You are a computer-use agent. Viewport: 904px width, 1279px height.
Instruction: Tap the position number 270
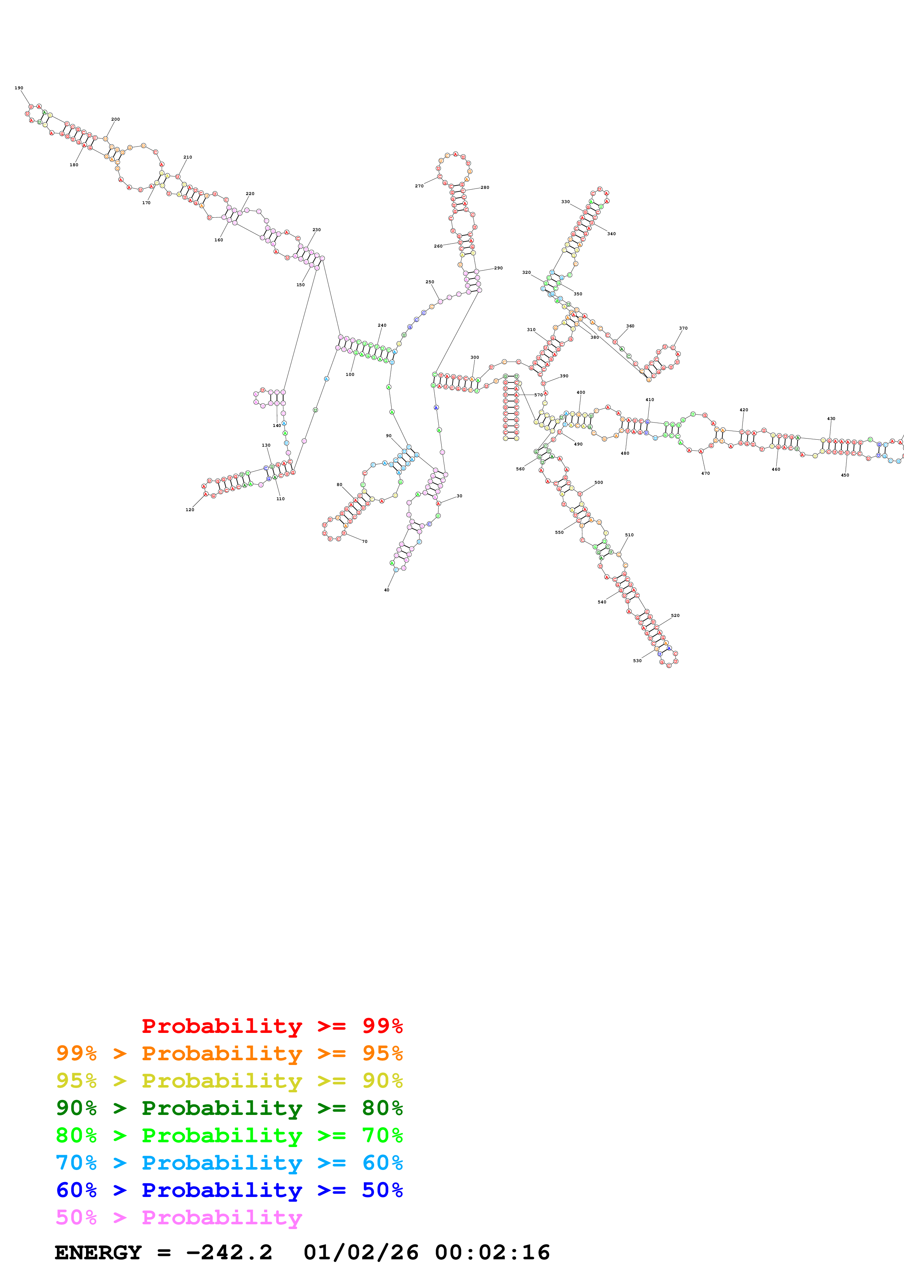419,186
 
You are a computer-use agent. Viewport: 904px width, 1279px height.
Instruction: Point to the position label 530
637,661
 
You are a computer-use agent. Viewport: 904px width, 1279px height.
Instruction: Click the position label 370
683,328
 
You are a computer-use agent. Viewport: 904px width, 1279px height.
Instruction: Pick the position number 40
387,590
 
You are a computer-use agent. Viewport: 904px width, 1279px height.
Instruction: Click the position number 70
365,541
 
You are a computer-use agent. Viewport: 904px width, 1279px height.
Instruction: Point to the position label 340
612,234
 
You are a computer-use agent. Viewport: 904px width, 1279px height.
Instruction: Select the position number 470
706,474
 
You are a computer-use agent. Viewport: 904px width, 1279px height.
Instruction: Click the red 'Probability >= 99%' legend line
272,1026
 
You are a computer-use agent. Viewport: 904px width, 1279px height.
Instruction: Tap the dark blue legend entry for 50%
229,1190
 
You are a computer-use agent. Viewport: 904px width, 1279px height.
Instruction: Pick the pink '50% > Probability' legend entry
179,1218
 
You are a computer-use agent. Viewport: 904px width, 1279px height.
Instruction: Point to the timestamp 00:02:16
492,1253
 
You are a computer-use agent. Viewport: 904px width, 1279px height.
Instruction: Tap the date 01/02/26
361,1253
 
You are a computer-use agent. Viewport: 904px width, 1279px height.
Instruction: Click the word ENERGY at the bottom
98,1253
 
